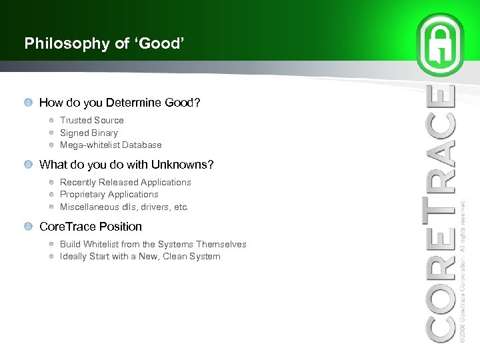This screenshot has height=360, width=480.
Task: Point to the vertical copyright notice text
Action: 463,270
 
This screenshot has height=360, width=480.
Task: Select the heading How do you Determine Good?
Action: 119,103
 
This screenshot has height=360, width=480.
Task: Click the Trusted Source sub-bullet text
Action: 91,121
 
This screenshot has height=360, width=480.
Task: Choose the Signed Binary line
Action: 89,133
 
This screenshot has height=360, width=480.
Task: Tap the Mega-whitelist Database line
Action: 111,145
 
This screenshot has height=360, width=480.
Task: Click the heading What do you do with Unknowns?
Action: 126,165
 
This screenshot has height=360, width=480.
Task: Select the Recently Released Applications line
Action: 125,182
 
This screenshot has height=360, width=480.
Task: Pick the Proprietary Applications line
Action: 109,195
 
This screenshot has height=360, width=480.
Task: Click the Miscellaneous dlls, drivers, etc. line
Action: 124,207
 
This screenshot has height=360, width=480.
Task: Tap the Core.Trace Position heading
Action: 91,227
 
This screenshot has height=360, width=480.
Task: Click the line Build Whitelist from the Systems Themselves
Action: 153,245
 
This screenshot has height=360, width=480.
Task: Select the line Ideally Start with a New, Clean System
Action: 140,257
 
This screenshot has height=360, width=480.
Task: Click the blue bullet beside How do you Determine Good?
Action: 28,103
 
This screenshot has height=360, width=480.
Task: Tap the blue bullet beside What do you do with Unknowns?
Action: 28,165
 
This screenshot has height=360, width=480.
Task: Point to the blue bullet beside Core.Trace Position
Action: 28,227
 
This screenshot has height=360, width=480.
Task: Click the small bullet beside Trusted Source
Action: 51,121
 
